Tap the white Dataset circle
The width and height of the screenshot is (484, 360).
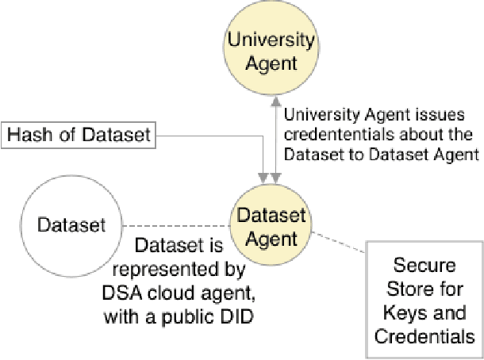(x=71, y=225)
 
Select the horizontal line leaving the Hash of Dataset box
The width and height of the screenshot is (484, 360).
(x=206, y=136)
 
